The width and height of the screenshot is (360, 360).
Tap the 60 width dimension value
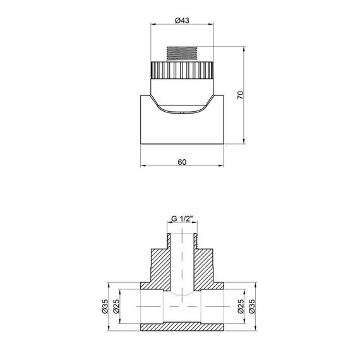click(182, 162)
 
